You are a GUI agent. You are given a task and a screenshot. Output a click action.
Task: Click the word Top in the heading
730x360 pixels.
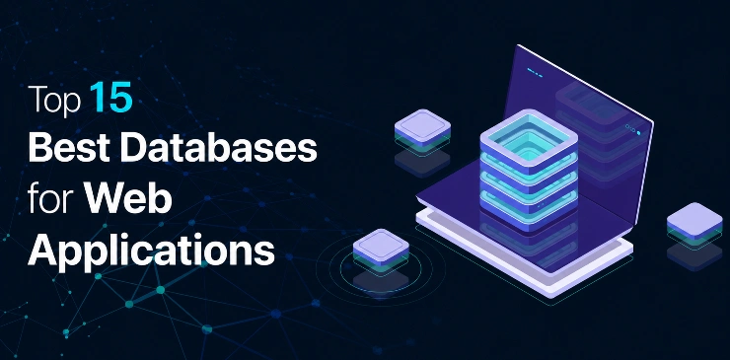pyautogui.click(x=54, y=100)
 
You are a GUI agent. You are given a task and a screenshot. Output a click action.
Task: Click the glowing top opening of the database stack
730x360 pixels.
pyautogui.click(x=529, y=140)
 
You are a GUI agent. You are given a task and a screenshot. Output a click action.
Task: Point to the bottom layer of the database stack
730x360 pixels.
pyautogui.click(x=529, y=211)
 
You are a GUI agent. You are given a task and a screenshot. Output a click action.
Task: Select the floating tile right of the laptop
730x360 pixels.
pyautogui.click(x=694, y=222)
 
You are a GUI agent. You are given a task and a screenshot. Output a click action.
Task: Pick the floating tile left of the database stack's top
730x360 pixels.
pyautogui.click(x=422, y=128)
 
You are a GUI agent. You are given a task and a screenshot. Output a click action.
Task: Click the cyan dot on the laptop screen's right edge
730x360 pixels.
pyautogui.click(x=638, y=133)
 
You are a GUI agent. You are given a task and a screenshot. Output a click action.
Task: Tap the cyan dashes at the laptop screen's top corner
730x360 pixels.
pyautogui.click(x=535, y=73)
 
